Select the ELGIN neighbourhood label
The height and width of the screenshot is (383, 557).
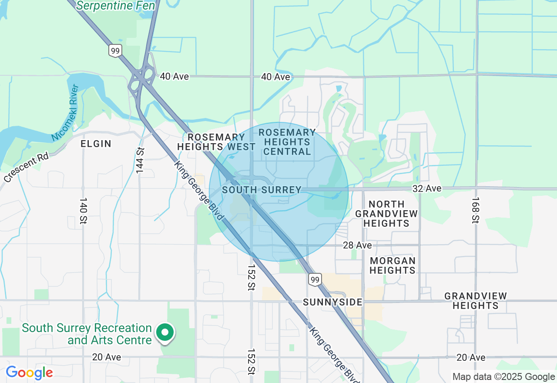click(96, 144)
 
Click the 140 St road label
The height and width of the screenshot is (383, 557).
click(83, 212)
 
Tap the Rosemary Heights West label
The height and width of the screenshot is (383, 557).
click(216, 142)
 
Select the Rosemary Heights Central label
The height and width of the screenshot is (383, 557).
click(287, 142)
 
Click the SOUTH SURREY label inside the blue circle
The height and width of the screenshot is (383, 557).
click(262, 190)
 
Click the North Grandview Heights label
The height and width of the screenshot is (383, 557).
click(386, 214)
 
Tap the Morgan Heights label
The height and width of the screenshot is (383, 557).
click(393, 265)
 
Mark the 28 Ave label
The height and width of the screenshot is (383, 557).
click(357, 245)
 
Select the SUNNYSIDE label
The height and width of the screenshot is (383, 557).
click(332, 302)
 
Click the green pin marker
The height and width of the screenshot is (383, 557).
click(165, 333)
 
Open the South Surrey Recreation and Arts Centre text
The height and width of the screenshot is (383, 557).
click(87, 333)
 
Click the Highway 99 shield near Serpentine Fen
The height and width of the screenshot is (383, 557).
click(115, 51)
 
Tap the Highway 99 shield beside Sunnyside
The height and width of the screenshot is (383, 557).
click(315, 279)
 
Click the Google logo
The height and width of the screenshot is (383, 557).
click(29, 373)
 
